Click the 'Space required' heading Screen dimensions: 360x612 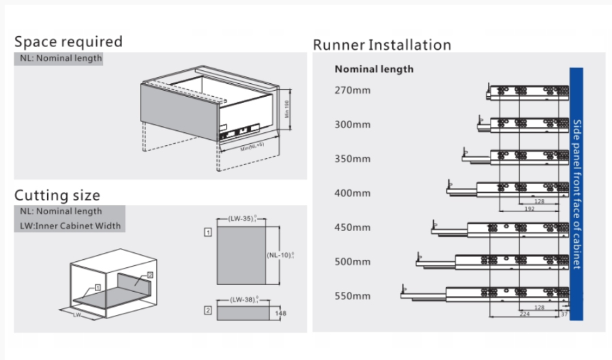click(68, 41)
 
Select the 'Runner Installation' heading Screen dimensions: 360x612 click(381, 45)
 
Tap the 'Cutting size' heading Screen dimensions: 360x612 click(57, 196)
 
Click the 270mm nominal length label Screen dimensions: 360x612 click(352, 90)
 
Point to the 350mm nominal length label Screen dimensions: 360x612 click(352, 159)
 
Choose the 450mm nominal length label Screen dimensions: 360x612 click(352, 227)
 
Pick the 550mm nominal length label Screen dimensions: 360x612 click(352, 296)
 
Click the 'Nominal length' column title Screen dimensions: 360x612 click(374, 69)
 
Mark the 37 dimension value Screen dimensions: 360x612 click(564, 315)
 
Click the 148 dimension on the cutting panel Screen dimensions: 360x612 click(280, 314)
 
